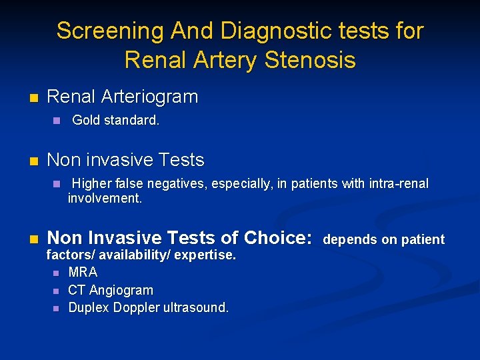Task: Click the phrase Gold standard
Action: tap(115, 121)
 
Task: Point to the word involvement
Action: tap(105, 198)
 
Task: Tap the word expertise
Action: tap(205, 255)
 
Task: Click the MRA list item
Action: tap(83, 272)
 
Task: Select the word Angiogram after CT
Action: tap(121, 290)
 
